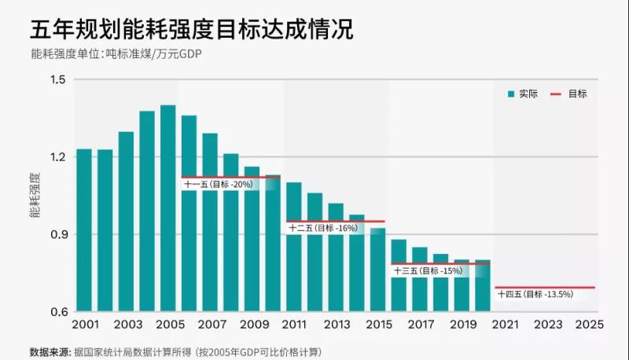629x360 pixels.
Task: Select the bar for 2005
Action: click(x=167, y=208)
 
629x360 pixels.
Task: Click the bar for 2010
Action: click(x=273, y=243)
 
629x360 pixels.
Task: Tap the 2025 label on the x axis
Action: click(x=589, y=324)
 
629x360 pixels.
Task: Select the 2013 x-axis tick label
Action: click(x=337, y=324)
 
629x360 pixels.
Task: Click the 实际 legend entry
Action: click(x=522, y=94)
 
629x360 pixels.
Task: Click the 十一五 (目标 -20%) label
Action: click(x=218, y=185)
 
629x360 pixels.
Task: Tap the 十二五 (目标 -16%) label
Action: click(x=323, y=228)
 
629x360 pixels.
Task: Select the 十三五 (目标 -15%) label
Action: click(x=427, y=270)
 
